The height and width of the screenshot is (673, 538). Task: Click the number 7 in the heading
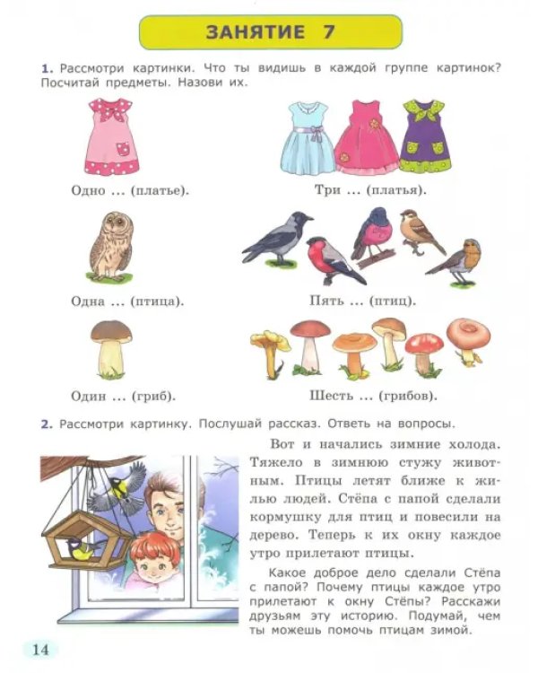point(328,32)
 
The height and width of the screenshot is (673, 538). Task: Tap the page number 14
point(40,649)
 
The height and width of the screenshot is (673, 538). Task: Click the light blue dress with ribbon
point(308,137)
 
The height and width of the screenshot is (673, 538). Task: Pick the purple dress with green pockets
point(425,136)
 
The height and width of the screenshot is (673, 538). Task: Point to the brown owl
point(110,247)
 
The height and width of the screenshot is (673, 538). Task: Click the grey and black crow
point(277,238)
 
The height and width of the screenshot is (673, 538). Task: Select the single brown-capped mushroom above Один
point(111,348)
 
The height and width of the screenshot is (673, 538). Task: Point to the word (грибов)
point(408,396)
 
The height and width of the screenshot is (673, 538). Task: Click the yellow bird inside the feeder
point(82,548)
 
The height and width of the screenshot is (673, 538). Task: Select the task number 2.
point(47,424)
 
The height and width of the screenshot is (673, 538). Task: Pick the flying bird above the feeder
point(117,488)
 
